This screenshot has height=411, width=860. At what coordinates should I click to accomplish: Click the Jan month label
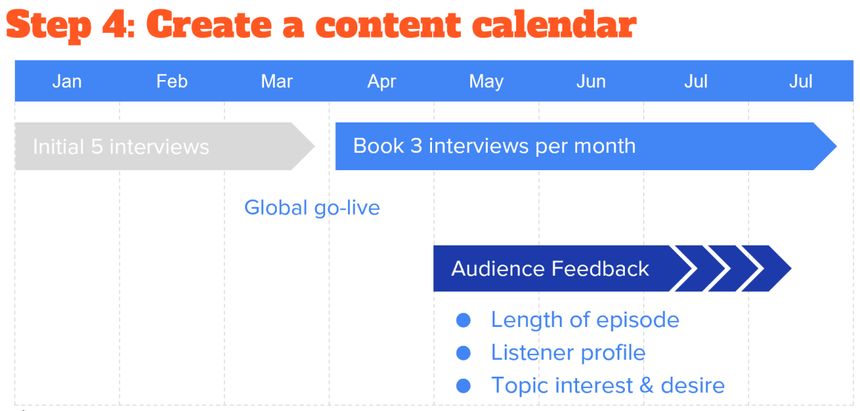point(67,81)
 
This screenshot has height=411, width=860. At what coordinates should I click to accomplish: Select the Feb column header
point(172,81)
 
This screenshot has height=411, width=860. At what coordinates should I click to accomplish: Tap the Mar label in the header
point(277,81)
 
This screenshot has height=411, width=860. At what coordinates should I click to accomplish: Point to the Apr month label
point(382,81)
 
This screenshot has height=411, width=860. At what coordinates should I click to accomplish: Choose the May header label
point(486,81)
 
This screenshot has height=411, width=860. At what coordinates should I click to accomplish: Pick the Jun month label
point(591,81)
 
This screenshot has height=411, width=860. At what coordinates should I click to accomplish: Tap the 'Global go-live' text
point(312,207)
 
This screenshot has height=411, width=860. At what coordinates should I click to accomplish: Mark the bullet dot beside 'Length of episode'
point(463,320)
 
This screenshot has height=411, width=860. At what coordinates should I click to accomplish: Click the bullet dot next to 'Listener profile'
point(463,352)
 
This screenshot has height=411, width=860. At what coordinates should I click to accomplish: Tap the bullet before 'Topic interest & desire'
point(463,385)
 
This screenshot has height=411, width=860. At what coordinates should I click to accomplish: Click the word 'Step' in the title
point(48,26)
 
